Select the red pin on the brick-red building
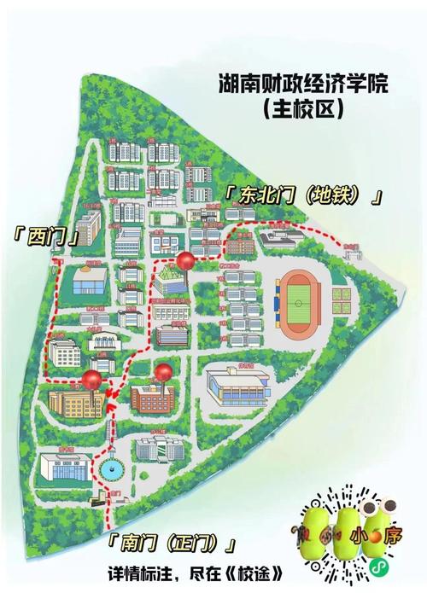pos(163,371)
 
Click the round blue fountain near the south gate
pos(112,468)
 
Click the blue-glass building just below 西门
pos(89,279)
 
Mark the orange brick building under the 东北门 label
pos(240,246)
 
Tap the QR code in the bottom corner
pos(369,529)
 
